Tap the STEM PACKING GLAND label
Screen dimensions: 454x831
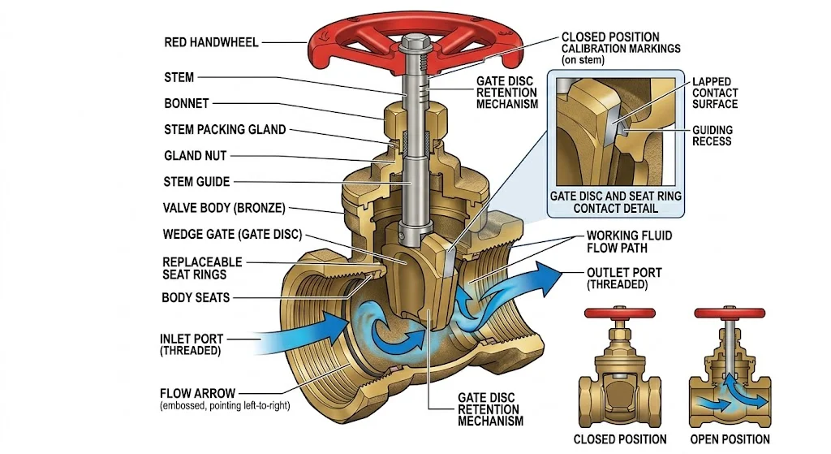point(225,129)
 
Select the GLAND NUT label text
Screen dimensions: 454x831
point(196,155)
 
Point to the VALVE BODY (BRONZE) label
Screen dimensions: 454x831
point(224,208)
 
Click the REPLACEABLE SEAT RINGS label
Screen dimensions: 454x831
point(202,269)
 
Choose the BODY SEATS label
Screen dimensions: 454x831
point(196,297)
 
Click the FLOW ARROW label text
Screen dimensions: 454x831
point(198,393)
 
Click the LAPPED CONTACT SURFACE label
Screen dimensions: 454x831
point(714,93)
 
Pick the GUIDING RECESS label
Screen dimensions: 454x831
point(712,135)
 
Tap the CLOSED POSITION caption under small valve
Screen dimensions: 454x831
point(620,439)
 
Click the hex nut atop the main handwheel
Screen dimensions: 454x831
point(415,40)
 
